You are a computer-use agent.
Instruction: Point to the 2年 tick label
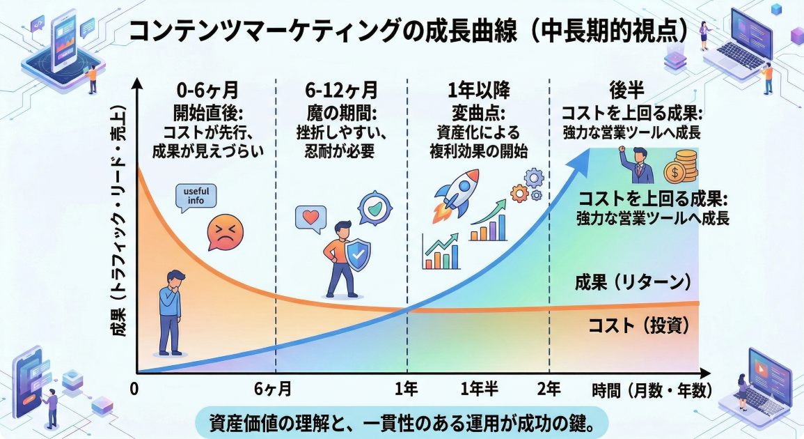pos(549,389)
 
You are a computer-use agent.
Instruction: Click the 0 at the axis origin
pos(135,389)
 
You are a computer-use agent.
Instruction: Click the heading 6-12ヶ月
pos(341,90)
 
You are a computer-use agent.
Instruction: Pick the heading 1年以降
pos(479,90)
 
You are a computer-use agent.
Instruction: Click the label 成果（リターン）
pos(632,282)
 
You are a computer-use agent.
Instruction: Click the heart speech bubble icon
pos(310,218)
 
